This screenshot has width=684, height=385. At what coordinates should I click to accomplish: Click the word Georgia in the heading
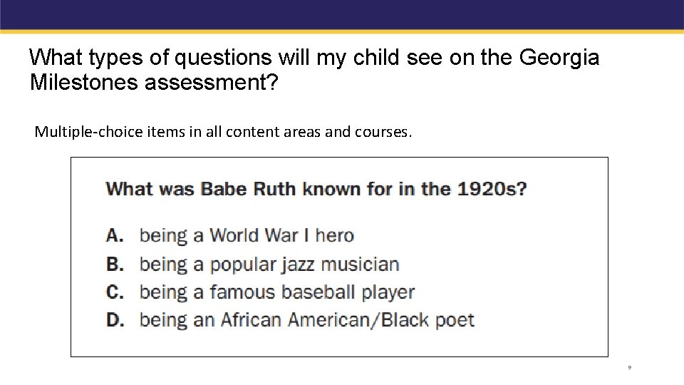point(559,57)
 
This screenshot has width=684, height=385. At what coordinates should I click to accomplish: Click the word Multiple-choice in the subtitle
point(78,132)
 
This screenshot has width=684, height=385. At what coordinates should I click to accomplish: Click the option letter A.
point(115,235)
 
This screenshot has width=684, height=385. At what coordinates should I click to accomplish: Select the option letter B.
point(115,264)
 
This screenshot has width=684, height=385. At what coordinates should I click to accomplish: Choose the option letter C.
point(115,292)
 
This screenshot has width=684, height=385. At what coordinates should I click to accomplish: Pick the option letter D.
point(115,319)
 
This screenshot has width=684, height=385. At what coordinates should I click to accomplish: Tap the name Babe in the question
point(224,189)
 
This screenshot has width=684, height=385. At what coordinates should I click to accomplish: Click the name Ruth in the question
point(274,189)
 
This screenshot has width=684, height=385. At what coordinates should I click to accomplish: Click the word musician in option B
point(360,264)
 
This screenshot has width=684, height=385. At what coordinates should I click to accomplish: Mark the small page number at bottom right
point(630,368)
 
